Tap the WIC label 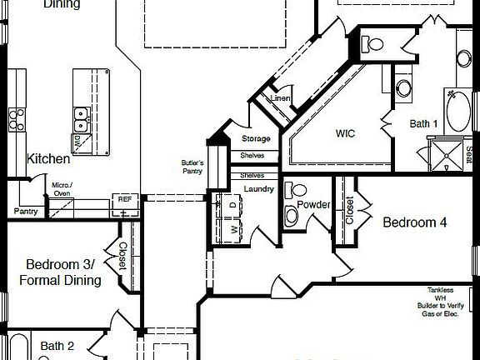[346, 132]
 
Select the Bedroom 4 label [415, 222]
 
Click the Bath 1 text [423, 123]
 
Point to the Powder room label [313, 204]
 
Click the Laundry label [259, 189]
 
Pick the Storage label [256, 138]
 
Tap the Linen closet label [280, 99]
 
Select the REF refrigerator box [124, 200]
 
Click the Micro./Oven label [62, 188]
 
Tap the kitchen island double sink [82, 116]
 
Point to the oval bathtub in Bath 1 [457, 109]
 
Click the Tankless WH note [441, 301]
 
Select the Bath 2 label [57, 346]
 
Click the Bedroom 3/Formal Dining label [60, 272]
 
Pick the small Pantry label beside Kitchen [25, 212]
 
